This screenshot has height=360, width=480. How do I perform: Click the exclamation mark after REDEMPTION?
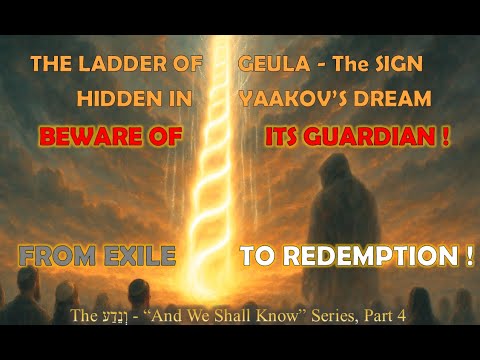click(x=467, y=256)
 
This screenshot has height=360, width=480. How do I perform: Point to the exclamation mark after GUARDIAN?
click(x=441, y=136)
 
